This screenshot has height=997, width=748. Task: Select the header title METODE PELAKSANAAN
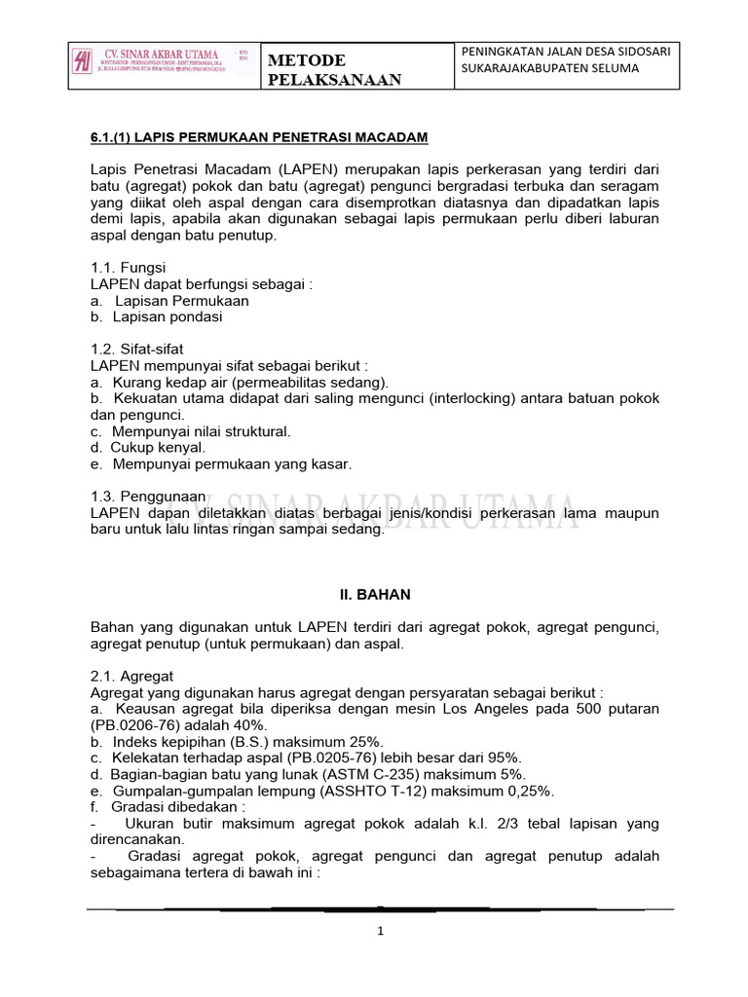(x=334, y=70)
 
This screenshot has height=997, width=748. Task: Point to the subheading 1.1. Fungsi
(x=128, y=267)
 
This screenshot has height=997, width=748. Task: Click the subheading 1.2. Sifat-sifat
(x=136, y=349)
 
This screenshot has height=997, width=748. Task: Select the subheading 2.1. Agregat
(x=131, y=676)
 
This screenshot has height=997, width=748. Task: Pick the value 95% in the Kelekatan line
(x=505, y=757)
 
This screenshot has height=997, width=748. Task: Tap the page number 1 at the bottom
(x=382, y=931)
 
